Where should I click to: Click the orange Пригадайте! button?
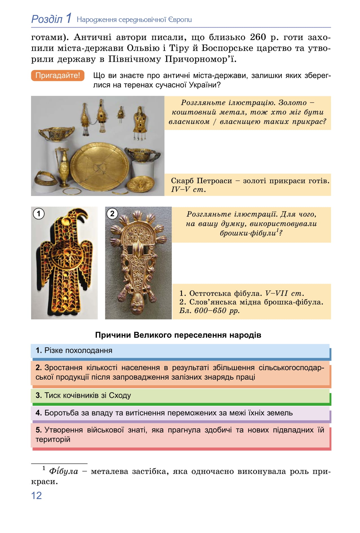coord(58,76)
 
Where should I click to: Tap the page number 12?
coord(36,495)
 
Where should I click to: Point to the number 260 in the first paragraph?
coord(258,37)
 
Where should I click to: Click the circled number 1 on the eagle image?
coord(39,213)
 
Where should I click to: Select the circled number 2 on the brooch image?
coord(112,213)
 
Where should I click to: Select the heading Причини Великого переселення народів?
coord(178,335)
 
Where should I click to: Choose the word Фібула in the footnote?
coord(63,472)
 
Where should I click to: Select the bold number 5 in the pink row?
coord(38,430)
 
